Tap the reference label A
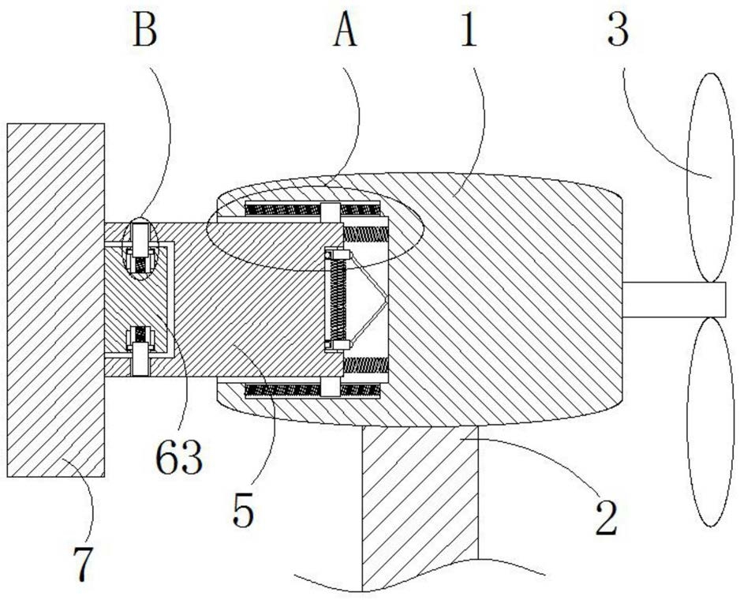tap(345, 34)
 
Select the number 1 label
tap(470, 34)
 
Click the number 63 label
tap(181, 457)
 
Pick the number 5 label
tap(244, 512)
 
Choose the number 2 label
tap(605, 520)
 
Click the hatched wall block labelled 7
tap(55, 300)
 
